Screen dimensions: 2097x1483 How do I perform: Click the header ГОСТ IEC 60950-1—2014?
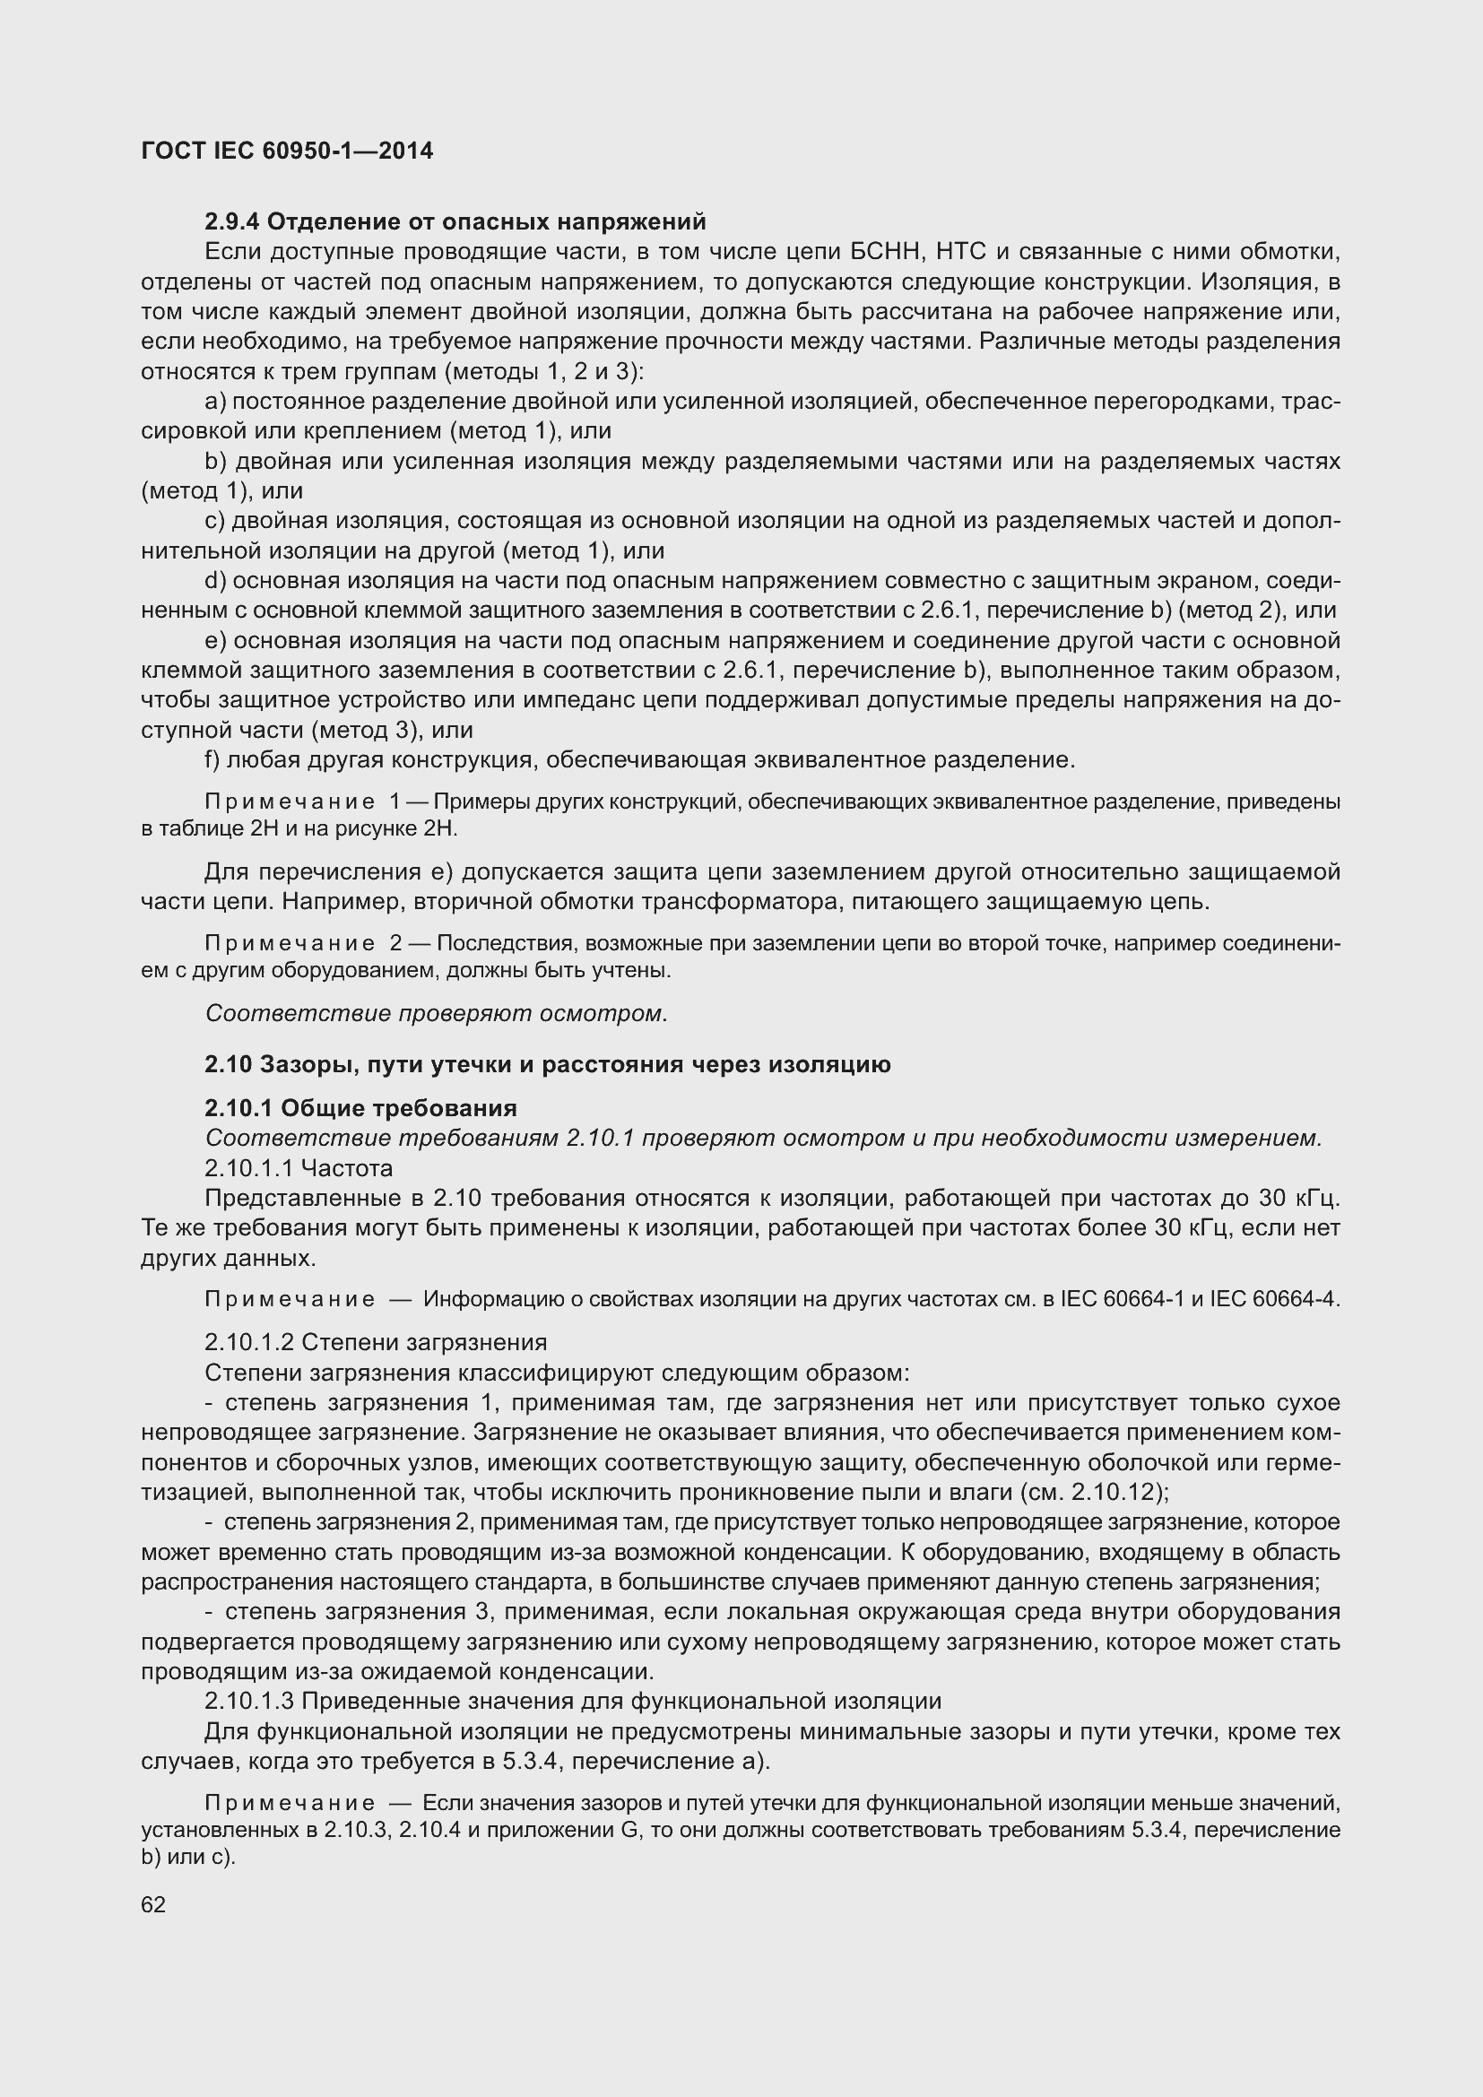pos(288,151)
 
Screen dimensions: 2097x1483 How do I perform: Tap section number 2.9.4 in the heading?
pos(232,222)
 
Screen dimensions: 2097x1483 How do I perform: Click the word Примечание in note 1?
pos(290,802)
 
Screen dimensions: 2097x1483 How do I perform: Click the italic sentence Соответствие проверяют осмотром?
pos(437,1014)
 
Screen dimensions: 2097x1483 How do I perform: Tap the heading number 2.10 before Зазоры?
pos(229,1065)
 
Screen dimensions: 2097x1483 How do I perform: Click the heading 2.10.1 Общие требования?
pos(360,1109)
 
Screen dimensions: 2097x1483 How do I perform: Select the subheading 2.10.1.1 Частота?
pos(299,1169)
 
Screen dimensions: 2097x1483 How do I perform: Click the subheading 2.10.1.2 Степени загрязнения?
pos(376,1343)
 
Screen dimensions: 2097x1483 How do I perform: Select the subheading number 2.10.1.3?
pos(249,1702)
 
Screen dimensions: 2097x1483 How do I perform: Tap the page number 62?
pos(153,1905)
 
